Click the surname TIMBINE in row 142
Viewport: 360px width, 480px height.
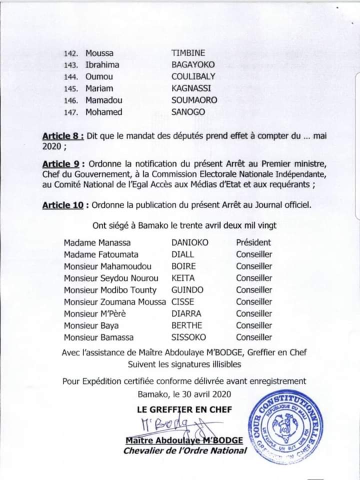[188, 53]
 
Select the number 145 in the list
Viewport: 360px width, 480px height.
[70, 88]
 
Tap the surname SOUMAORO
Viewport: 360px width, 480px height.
[194, 100]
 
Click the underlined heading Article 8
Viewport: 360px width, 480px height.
[62, 136]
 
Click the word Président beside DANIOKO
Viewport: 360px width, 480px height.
[253, 242]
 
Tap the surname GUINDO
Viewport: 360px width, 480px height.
[187, 290]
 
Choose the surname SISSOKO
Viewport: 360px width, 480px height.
[188, 337]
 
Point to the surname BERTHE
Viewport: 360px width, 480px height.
[186, 325]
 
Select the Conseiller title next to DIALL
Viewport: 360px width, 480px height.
[254, 254]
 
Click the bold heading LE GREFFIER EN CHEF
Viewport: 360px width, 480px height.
[184, 409]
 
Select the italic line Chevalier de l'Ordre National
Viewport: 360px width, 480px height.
[185, 450]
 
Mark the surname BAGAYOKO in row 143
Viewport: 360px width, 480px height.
[194, 64]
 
